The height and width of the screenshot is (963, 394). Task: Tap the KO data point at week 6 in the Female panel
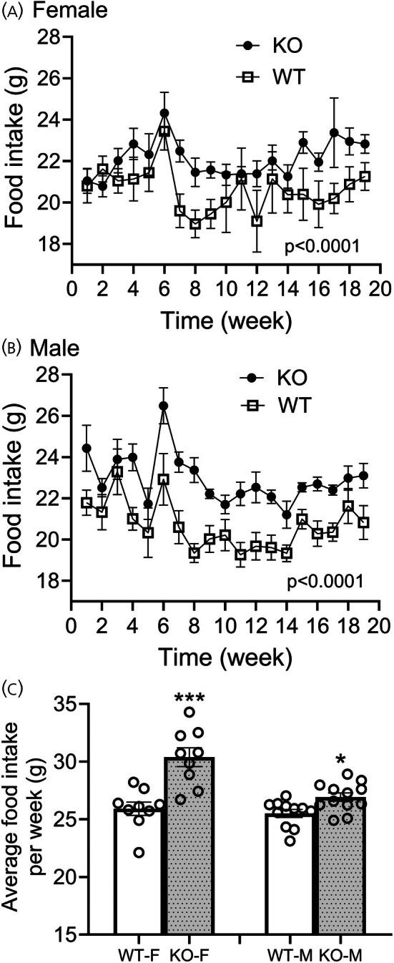point(164,113)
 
